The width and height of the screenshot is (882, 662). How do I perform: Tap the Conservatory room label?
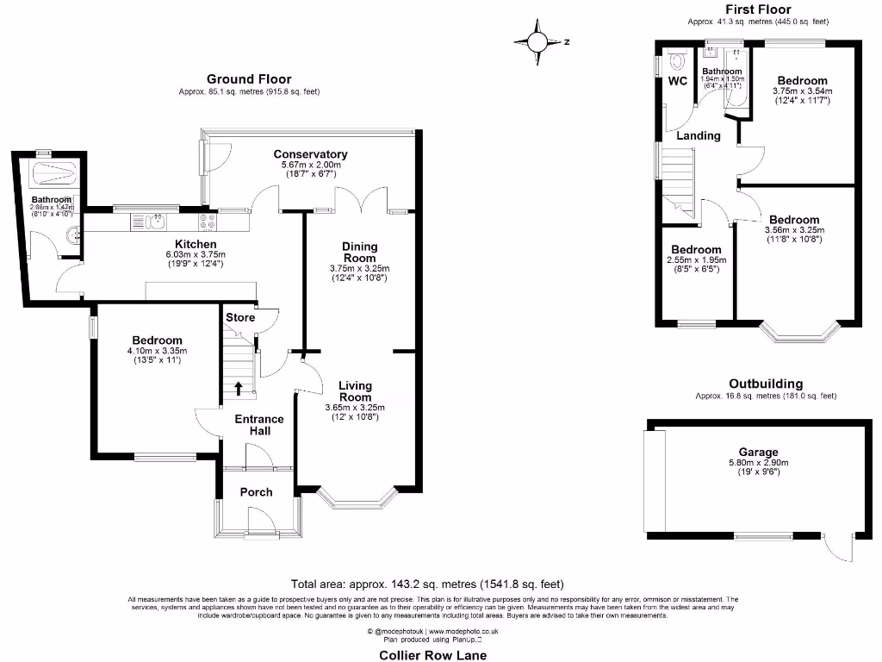click(310, 154)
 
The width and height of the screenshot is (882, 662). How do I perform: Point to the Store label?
click(240, 317)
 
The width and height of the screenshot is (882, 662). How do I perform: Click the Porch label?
click(256, 492)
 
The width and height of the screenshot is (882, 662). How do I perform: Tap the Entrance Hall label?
click(259, 425)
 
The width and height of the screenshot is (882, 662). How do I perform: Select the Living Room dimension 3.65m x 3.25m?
click(355, 408)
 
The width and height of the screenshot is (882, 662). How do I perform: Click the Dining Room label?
click(359, 251)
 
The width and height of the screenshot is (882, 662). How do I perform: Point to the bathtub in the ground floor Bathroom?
click(53, 177)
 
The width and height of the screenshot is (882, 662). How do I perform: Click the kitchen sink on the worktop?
click(158, 222)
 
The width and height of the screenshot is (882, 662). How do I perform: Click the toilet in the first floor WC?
click(677, 62)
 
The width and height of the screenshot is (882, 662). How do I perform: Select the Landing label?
click(698, 135)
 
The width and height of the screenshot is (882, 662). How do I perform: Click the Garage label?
click(758, 452)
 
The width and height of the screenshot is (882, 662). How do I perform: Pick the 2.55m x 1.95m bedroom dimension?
click(697, 259)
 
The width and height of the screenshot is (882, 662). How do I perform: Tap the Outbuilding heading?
click(766, 384)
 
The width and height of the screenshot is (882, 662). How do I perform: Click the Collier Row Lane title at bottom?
click(433, 654)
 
